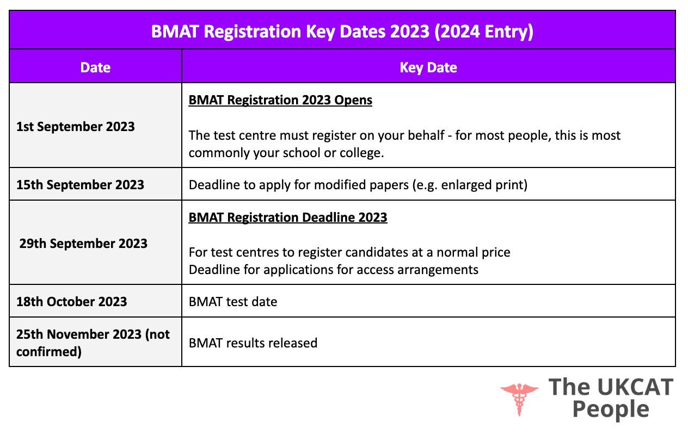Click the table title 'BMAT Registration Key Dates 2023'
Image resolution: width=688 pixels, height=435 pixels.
[290, 32]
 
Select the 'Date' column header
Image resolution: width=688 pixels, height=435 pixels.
[95, 67]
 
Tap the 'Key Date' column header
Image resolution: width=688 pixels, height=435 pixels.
[428, 67]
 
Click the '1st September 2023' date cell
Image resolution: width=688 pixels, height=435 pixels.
[76, 127]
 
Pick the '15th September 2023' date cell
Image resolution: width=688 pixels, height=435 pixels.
[80, 184]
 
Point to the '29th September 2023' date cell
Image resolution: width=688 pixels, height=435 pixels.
[83, 243]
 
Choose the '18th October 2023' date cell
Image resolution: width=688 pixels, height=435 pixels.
[71, 302]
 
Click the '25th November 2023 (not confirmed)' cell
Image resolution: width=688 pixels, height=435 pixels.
[93, 343]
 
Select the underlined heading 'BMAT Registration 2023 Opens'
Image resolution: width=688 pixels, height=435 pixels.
[280, 101]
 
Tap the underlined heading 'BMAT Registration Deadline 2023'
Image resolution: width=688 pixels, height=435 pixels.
[288, 217]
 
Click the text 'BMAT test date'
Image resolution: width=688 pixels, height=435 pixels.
[233, 302]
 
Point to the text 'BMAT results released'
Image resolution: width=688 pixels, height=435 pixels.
[253, 343]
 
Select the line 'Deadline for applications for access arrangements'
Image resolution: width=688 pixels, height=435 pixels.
[333, 269]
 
